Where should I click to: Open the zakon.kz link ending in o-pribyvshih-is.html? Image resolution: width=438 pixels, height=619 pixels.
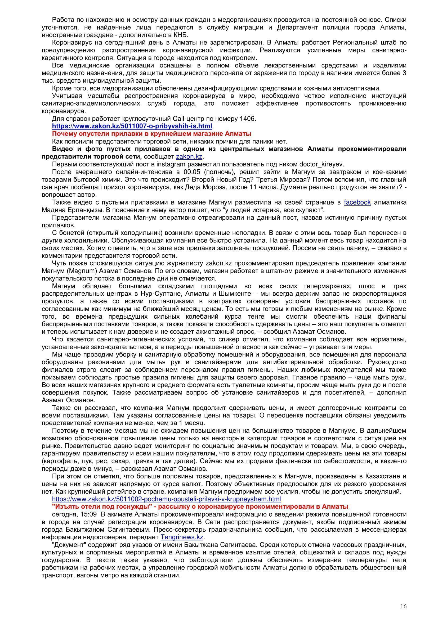tap(132, 126)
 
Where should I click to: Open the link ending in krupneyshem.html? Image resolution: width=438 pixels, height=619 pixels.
tap(166, 499)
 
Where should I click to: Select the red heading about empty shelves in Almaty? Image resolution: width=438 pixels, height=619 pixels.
tap(151, 134)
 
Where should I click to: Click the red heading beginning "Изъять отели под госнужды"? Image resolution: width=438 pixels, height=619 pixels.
tap(200, 506)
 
